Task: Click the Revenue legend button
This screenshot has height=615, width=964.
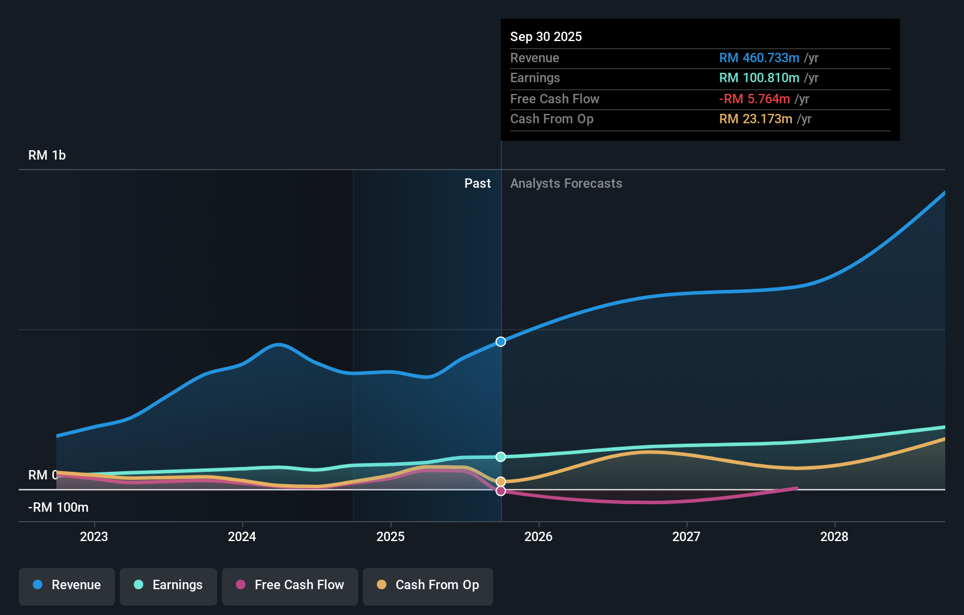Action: (x=67, y=585)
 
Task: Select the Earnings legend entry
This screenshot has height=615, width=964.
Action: (x=168, y=585)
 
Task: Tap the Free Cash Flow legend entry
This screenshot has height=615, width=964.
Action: (x=290, y=585)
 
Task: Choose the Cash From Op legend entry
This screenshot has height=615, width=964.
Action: (x=428, y=585)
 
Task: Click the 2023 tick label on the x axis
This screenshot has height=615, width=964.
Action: (x=94, y=536)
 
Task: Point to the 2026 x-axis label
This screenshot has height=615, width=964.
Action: (x=538, y=536)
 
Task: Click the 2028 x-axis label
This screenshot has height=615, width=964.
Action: (x=834, y=536)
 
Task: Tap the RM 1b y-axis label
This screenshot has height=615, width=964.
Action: (x=47, y=156)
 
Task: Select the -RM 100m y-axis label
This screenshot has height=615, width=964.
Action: (x=59, y=508)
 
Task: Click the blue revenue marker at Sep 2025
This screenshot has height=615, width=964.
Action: (x=501, y=342)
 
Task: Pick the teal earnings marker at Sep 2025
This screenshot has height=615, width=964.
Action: (x=501, y=457)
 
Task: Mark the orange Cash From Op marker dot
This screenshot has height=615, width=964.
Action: (x=501, y=482)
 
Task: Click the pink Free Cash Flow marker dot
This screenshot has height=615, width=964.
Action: (x=501, y=491)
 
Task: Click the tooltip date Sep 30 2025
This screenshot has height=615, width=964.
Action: (x=546, y=36)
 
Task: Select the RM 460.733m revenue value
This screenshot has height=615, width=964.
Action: (x=759, y=58)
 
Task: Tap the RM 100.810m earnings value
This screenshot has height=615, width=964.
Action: (x=759, y=77)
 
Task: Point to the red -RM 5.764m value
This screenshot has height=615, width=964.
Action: (x=754, y=99)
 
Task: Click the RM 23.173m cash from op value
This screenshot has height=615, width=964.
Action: (x=756, y=119)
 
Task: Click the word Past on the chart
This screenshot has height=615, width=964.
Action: (x=477, y=183)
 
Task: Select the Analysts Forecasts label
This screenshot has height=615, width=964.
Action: (x=566, y=183)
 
